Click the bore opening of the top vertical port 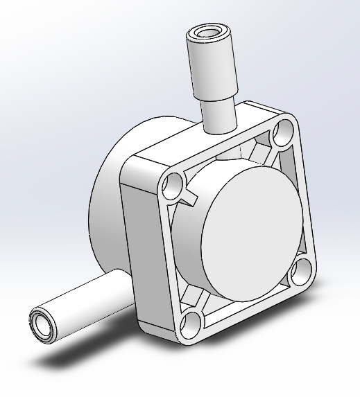pos(208,33)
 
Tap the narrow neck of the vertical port pos(221,115)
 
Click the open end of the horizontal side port pos(41,324)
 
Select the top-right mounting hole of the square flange pos(283,130)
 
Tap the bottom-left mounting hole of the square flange pos(192,323)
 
